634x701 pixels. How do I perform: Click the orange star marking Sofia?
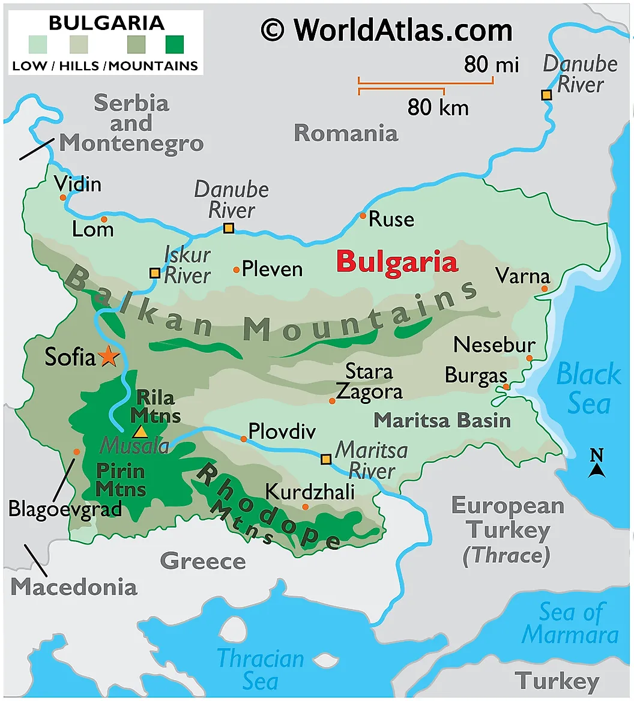(x=109, y=356)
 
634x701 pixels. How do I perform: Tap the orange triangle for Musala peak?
(x=140, y=431)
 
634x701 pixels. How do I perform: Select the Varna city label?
(x=522, y=276)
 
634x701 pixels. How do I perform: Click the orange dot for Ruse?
(x=363, y=215)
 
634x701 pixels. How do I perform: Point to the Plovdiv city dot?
(x=244, y=439)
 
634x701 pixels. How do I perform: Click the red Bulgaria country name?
(x=397, y=262)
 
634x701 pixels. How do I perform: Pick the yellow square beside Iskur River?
(x=155, y=273)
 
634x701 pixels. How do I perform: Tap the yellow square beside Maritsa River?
(x=325, y=459)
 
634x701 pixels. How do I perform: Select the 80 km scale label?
(x=438, y=108)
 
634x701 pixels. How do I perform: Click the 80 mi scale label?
(x=491, y=64)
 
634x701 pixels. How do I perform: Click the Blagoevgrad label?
(x=65, y=509)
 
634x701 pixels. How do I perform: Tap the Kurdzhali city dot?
(x=305, y=507)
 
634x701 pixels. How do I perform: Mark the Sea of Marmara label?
(x=570, y=624)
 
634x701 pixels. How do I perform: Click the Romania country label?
(x=346, y=133)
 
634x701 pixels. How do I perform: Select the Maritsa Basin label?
(x=442, y=420)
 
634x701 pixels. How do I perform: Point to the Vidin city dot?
(x=62, y=197)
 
